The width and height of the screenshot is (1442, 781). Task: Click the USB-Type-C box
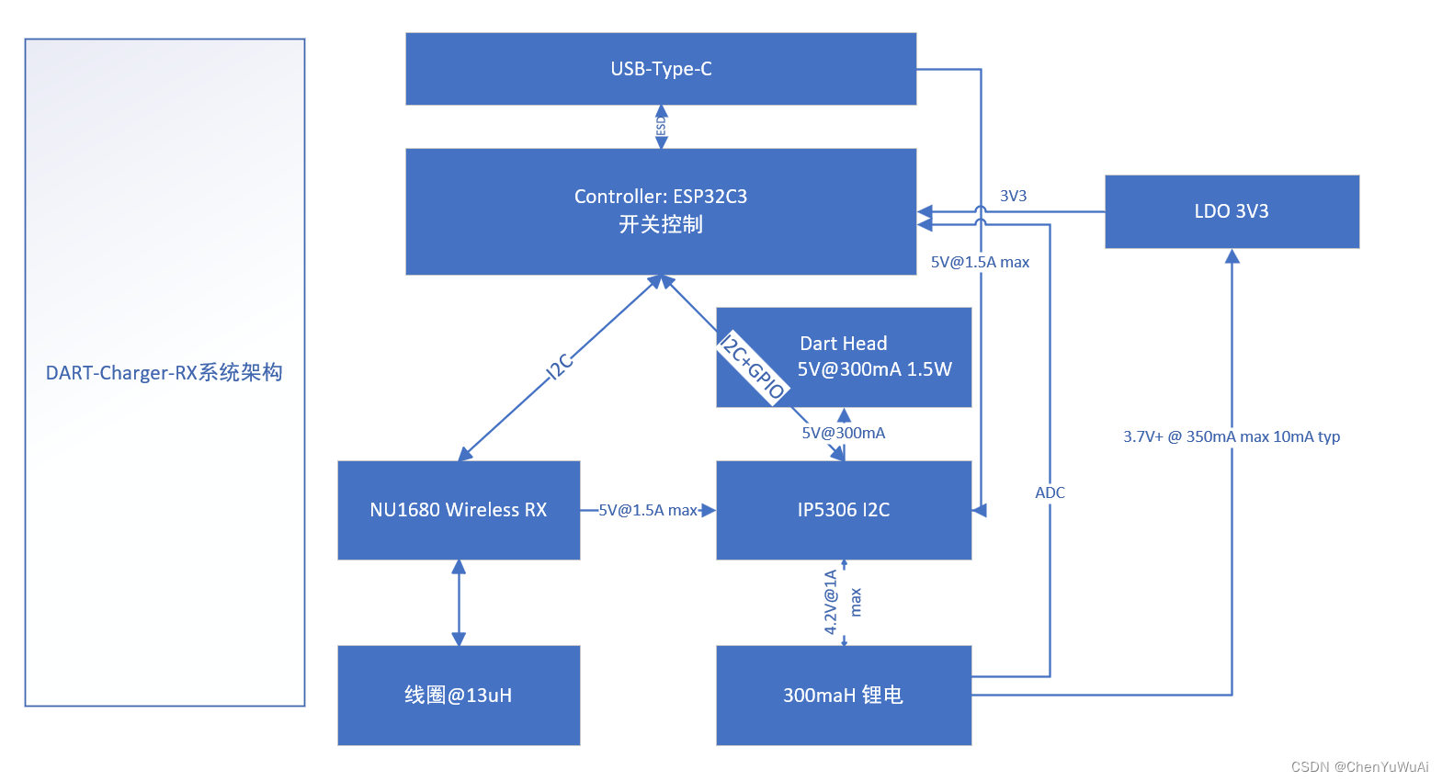[661, 69]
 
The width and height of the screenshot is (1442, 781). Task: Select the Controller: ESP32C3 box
[661, 211]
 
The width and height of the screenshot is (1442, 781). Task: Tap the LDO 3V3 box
[1232, 211]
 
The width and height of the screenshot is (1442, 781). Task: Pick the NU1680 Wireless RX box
[459, 510]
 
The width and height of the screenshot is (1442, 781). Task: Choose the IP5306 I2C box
[844, 510]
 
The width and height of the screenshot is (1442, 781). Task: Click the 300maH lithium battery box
[844, 696]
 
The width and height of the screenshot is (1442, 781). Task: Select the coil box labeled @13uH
[459, 696]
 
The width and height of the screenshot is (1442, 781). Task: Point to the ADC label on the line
[1050, 492]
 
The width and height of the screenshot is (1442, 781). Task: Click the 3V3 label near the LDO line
[1013, 196]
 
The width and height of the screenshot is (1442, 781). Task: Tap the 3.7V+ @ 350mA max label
[1232, 436]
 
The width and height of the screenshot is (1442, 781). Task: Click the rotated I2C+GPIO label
[753, 368]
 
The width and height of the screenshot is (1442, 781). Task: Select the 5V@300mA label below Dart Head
[843, 433]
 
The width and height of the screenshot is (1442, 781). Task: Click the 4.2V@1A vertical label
[831, 602]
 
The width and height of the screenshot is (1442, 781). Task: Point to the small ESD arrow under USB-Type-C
[661, 127]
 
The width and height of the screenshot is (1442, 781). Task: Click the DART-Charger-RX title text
[165, 372]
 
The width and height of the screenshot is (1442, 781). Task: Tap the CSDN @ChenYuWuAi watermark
[1359, 766]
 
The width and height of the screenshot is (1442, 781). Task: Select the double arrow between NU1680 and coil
[459, 603]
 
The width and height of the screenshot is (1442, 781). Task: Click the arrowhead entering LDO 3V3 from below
[1232, 256]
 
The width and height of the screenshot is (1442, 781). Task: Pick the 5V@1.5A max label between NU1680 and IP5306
[648, 510]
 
